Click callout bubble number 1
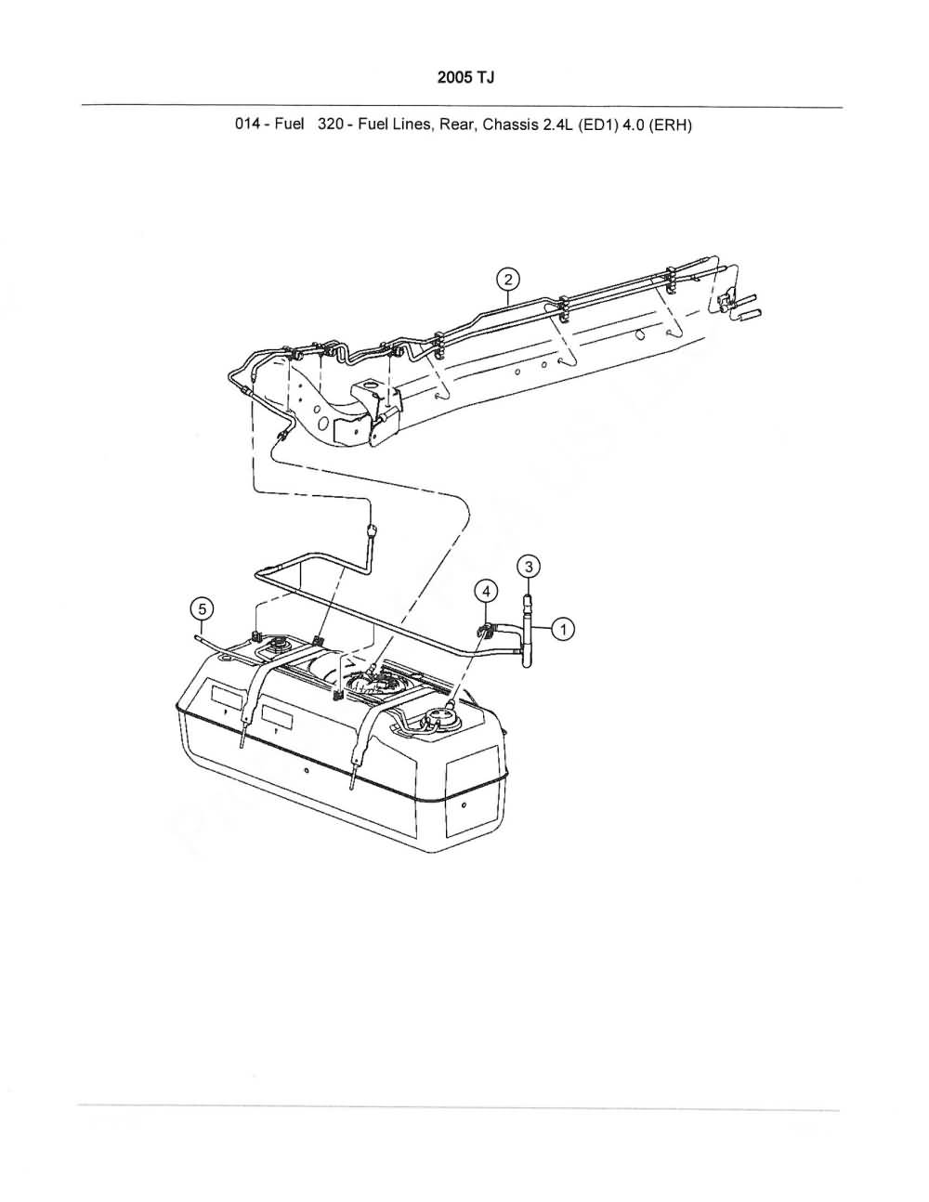(564, 629)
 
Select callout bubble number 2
(508, 280)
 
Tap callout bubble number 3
(529, 567)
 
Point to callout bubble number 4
(486, 592)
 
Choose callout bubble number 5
(202, 609)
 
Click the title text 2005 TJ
(465, 78)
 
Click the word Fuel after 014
(289, 124)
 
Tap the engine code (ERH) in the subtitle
(671, 125)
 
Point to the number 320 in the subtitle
(329, 124)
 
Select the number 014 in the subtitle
(247, 124)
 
